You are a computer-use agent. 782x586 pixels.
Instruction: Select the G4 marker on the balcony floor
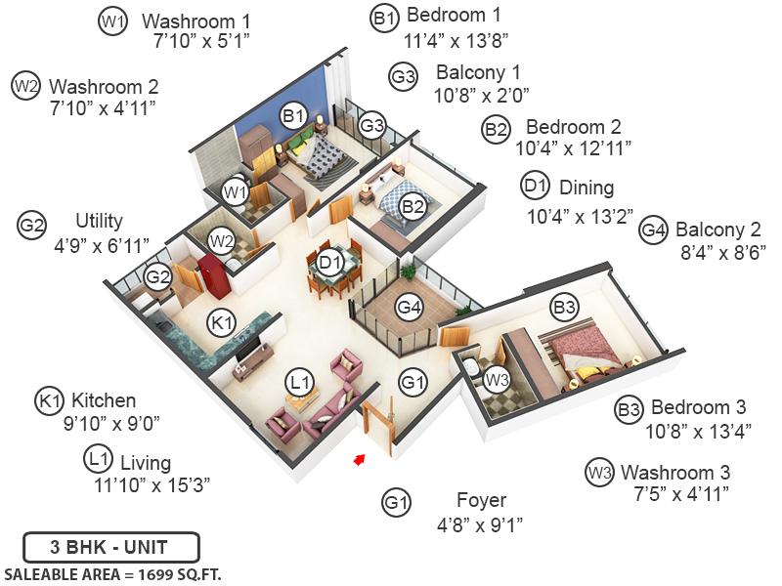click(x=410, y=308)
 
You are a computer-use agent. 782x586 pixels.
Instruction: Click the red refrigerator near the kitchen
click(x=211, y=274)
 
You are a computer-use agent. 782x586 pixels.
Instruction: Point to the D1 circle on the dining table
click(x=330, y=263)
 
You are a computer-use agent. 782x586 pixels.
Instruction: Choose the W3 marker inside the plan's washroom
click(x=498, y=378)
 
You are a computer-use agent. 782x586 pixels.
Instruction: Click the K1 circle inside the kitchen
click(x=223, y=321)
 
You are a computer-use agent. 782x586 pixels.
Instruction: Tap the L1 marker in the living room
click(x=300, y=380)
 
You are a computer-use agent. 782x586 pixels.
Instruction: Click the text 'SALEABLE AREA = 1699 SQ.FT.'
click(x=112, y=573)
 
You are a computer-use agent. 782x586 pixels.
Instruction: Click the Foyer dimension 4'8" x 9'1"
click(x=479, y=524)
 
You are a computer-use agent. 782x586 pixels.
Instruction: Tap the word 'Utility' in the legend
click(x=99, y=221)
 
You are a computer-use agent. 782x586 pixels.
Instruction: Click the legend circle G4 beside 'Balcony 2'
click(x=653, y=230)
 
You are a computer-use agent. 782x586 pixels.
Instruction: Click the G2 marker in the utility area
click(x=158, y=277)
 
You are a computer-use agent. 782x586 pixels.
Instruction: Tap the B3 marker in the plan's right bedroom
click(x=564, y=309)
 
